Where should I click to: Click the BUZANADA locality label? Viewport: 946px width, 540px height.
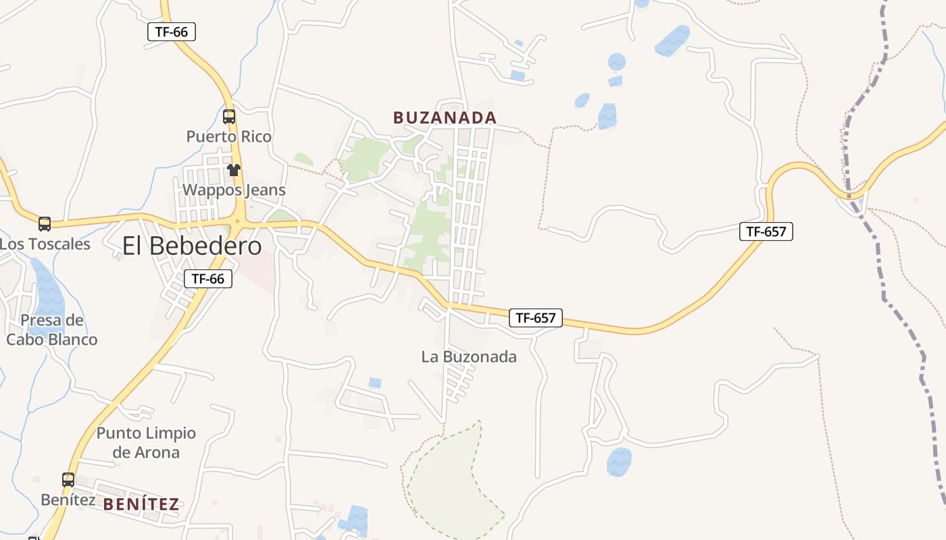click(x=445, y=117)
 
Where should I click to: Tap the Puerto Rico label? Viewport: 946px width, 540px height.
click(x=228, y=136)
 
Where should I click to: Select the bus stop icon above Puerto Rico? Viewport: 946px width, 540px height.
click(x=229, y=117)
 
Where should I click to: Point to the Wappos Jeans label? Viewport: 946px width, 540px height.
click(x=234, y=190)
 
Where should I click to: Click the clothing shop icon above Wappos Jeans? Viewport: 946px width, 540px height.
click(x=234, y=170)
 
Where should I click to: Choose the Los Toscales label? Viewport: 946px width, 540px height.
click(x=45, y=244)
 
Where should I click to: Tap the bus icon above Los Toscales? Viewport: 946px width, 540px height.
click(x=45, y=223)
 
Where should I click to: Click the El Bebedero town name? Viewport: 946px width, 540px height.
click(x=192, y=246)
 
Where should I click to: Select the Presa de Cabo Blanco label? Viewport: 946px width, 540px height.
click(x=52, y=329)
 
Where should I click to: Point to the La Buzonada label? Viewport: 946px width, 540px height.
click(x=469, y=356)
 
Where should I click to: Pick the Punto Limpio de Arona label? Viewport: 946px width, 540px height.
click(x=146, y=442)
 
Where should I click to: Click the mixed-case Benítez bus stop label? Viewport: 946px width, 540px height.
click(x=68, y=500)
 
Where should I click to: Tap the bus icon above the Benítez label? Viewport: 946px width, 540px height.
click(x=68, y=480)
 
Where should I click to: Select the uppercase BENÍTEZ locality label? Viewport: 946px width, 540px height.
click(x=141, y=504)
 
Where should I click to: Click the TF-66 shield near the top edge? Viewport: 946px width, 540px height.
click(x=172, y=31)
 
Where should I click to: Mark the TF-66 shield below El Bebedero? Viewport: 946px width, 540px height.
click(x=208, y=278)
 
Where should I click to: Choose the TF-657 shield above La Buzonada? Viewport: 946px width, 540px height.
click(x=536, y=317)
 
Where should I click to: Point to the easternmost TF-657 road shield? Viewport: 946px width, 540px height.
click(x=766, y=232)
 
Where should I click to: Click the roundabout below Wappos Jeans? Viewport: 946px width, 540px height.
click(x=237, y=220)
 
